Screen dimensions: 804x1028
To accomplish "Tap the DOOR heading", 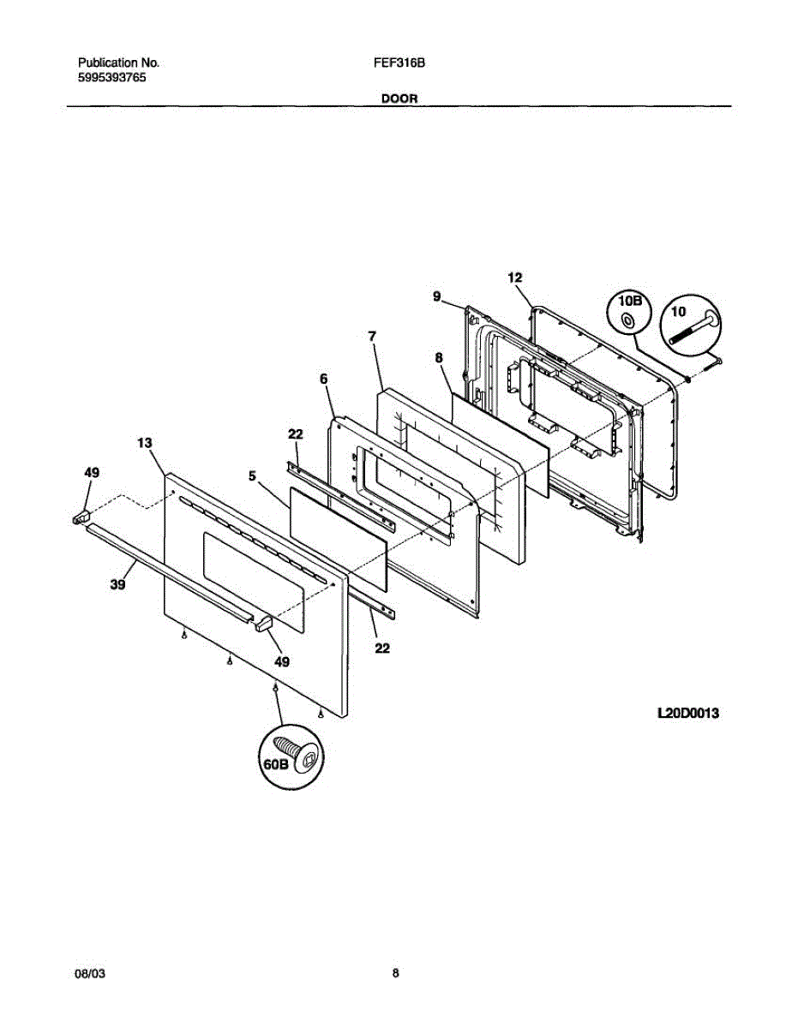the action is click(399, 99).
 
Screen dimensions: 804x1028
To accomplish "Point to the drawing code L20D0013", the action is click(687, 712).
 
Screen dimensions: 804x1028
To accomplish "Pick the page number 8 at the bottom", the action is click(396, 973).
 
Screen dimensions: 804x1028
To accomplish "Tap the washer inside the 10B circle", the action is click(628, 320).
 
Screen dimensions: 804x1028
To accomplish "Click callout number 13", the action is click(144, 443).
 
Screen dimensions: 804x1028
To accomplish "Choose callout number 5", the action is click(253, 475).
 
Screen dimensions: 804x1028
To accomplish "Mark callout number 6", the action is click(323, 378).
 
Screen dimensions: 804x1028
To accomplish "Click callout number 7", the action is click(372, 337).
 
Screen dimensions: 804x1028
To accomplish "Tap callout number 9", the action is click(436, 296).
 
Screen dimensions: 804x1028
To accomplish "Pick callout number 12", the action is click(514, 277).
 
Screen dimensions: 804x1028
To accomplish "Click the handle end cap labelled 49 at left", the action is click(82, 516).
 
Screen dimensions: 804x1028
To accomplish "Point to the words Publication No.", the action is click(118, 63).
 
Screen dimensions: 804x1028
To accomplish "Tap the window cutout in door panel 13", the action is click(254, 583).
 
